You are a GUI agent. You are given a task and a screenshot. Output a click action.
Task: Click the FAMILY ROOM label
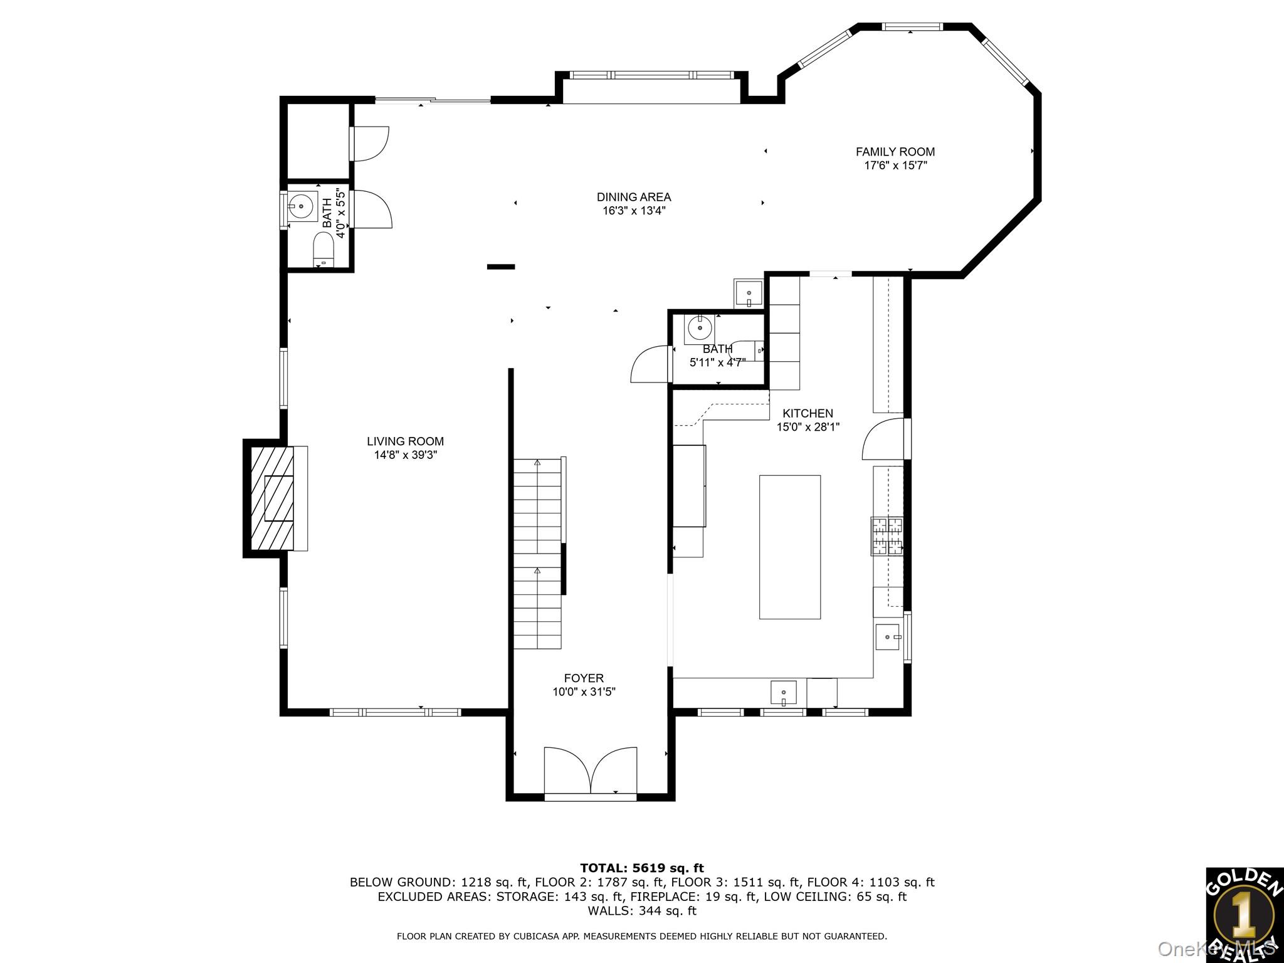point(895,152)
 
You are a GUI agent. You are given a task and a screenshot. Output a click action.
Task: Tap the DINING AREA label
point(633,197)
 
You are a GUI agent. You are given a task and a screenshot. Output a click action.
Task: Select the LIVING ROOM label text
point(405,441)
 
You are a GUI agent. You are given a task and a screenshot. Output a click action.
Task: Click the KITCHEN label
point(808,413)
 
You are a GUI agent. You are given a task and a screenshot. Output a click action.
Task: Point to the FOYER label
point(584,678)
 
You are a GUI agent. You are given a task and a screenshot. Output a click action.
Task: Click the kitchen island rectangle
point(789,547)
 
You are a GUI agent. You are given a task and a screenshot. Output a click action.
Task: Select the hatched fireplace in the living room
point(272,498)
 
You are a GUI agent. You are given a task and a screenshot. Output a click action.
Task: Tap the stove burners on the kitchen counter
point(887,536)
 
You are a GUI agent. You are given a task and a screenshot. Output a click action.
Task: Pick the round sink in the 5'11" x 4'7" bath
point(699,327)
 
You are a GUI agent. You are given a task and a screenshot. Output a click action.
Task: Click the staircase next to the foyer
point(537,552)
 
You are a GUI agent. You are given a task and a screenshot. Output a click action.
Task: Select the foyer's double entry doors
point(590,771)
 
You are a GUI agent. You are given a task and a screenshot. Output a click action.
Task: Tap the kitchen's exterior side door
point(884,439)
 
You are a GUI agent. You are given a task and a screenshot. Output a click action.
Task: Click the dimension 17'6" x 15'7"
point(895,166)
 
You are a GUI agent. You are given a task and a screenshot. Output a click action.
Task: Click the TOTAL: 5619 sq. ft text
point(641,868)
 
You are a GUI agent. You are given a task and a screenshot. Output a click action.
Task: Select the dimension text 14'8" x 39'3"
point(405,455)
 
